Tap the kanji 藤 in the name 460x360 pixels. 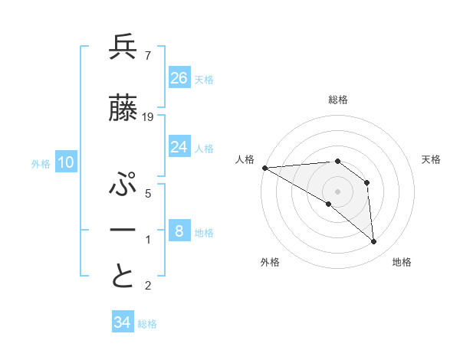click(123, 108)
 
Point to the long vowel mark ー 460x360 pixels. click(123, 231)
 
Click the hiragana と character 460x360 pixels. click(123, 277)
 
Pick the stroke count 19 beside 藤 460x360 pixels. click(148, 116)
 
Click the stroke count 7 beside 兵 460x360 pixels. click(147, 55)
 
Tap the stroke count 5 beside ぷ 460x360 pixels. click(147, 193)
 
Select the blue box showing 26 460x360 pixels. click(179, 78)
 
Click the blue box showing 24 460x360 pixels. click(179, 147)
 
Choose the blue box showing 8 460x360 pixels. click(179, 231)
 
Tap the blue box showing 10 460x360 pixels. click(66, 162)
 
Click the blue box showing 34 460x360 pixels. click(123, 322)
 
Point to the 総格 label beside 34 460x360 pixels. click(147, 324)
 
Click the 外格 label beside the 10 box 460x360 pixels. click(41, 163)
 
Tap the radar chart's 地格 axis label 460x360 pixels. click(402, 262)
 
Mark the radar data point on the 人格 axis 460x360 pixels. click(264, 168)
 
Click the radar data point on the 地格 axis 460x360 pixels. click(374, 241)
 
